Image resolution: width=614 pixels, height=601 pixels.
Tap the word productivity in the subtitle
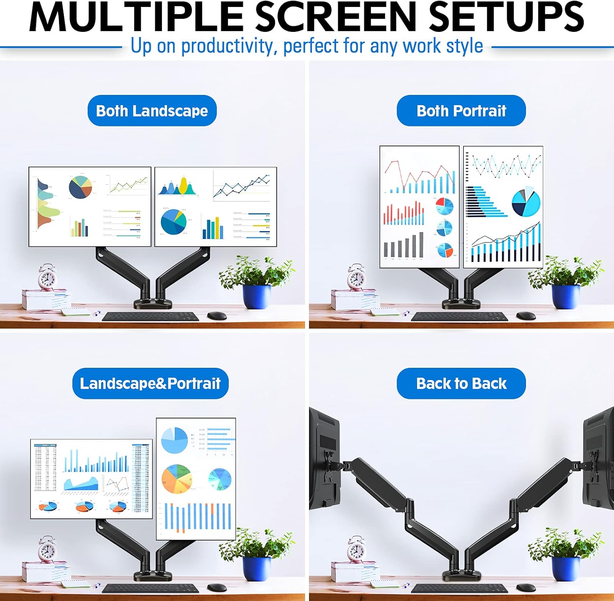[227, 46]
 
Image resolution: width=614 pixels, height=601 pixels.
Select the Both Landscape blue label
[152, 111]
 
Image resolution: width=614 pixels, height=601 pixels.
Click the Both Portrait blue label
[461, 111]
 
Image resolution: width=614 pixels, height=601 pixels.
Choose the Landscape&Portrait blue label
[150, 383]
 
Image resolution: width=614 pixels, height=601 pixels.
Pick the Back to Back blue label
[461, 383]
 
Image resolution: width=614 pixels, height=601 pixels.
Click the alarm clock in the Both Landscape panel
[47, 278]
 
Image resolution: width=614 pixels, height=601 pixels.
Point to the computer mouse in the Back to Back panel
[526, 588]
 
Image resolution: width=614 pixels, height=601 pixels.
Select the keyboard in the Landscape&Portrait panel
[150, 588]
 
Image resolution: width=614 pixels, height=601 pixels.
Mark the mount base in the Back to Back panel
[461, 575]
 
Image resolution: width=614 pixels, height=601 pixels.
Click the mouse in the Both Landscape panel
[217, 315]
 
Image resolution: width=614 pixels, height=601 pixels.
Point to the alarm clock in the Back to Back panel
[356, 550]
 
